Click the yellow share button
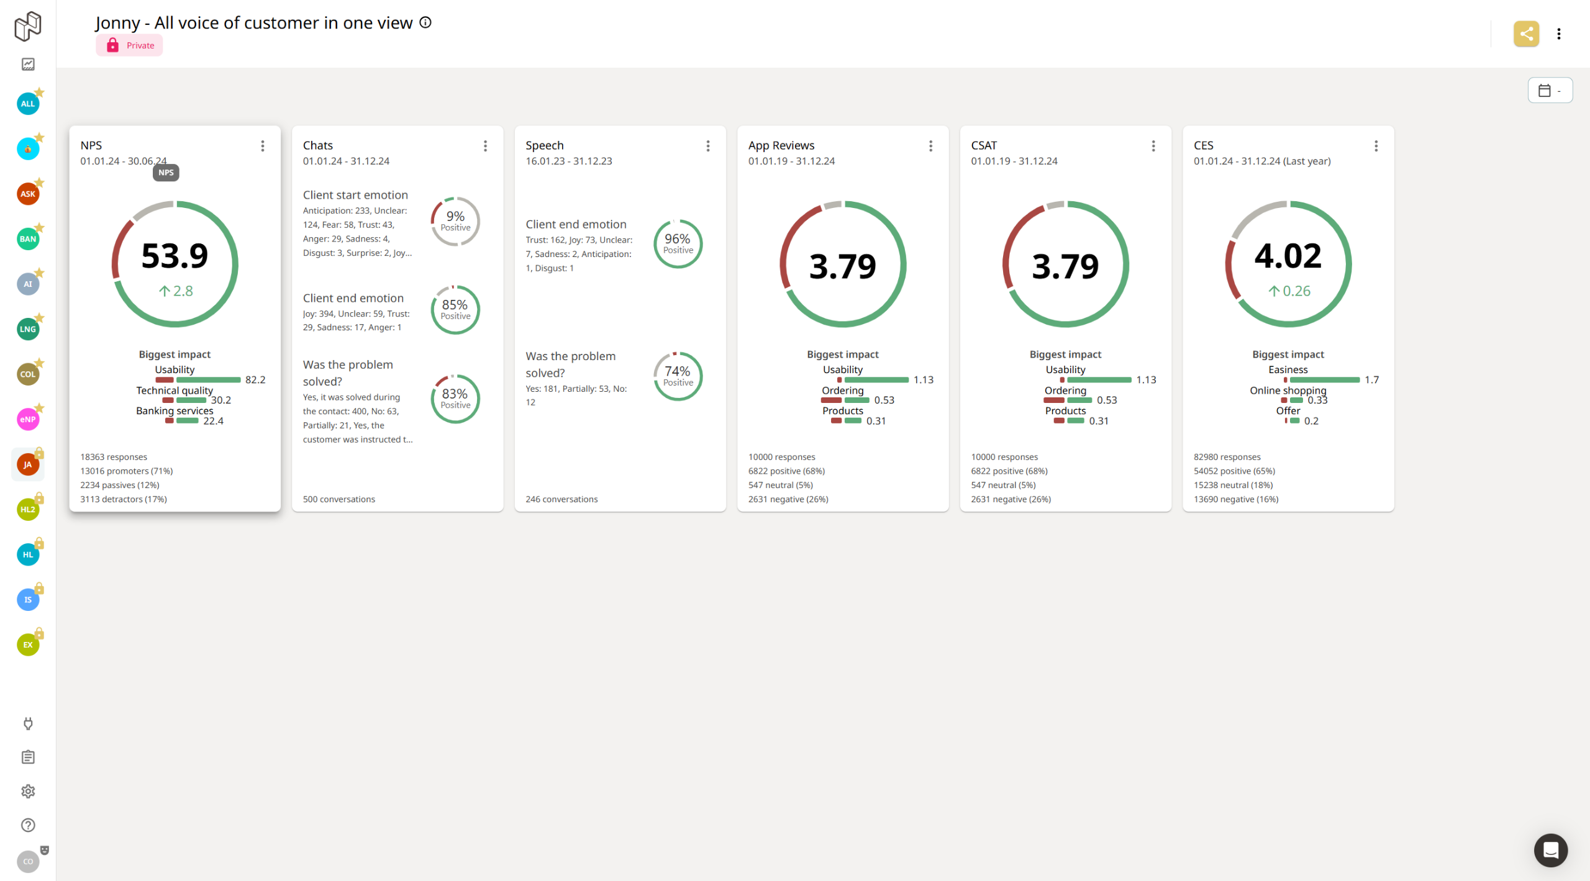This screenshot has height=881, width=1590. (1526, 34)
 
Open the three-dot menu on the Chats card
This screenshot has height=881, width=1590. (485, 146)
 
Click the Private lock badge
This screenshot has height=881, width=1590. (129, 45)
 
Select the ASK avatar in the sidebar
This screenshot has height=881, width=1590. (28, 194)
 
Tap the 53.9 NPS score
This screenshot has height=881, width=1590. (175, 256)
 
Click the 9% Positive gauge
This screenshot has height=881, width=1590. (455, 221)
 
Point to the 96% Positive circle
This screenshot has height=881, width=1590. (678, 243)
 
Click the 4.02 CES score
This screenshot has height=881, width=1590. (1288, 256)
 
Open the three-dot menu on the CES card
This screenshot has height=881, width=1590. (1376, 146)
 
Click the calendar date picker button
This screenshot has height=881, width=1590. (1550, 91)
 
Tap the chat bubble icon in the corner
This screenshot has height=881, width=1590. (1550, 850)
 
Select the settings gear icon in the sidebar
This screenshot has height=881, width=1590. (28, 791)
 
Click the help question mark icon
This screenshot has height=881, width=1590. (28, 825)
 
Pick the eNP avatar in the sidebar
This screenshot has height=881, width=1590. (28, 419)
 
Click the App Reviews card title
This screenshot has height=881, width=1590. (781, 145)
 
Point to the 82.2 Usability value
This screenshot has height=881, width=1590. (255, 380)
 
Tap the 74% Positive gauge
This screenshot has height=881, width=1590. (678, 376)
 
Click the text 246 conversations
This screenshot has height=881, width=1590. (561, 499)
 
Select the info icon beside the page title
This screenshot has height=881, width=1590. (425, 22)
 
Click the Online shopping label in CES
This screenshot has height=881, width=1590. (1288, 390)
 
